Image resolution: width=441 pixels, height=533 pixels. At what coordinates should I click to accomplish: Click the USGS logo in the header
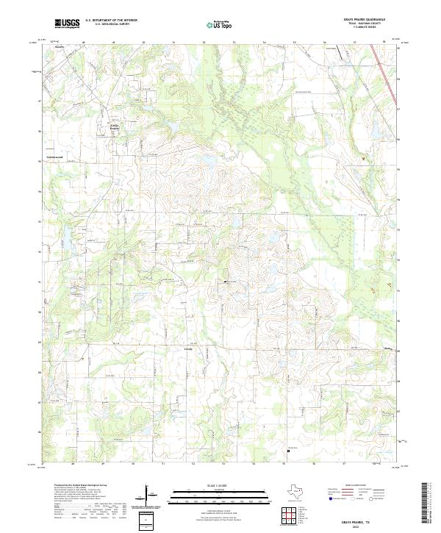coord(67,24)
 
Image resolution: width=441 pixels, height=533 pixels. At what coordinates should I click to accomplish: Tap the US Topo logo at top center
coord(220,24)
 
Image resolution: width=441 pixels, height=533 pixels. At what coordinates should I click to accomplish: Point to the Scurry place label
coord(60,46)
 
